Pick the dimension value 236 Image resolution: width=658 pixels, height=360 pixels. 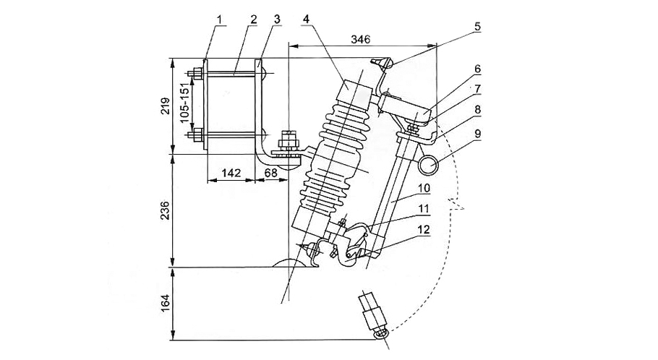coord(164,211)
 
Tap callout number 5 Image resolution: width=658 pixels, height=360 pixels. coord(477,27)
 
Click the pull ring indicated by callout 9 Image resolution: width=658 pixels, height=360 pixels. coord(430,166)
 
